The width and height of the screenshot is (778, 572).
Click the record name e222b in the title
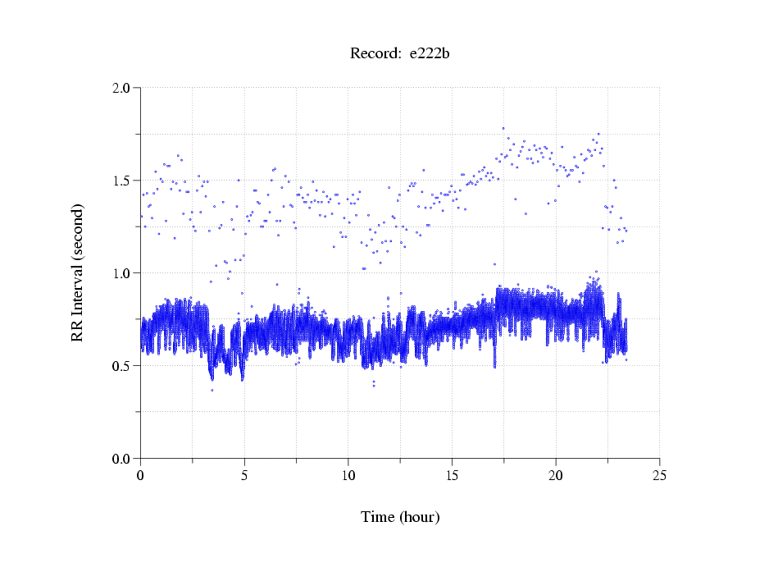point(430,54)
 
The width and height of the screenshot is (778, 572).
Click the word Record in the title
point(375,54)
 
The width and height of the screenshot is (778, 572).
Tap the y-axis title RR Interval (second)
point(77,272)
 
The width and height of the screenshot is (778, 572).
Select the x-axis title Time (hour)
point(400,517)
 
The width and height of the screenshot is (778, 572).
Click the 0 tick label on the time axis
point(140,475)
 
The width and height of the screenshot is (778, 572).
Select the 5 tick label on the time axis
point(244,475)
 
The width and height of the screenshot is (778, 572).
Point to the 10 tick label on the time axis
point(348,475)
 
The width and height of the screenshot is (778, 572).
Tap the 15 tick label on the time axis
point(452,475)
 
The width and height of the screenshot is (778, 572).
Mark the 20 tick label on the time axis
point(556,475)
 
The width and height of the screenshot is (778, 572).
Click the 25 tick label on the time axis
point(659,475)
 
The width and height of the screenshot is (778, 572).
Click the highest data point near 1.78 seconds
point(503,128)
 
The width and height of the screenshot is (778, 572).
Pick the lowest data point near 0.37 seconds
point(212,390)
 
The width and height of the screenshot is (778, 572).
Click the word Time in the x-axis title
point(378,517)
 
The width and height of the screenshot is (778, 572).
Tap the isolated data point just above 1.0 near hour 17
point(494,264)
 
